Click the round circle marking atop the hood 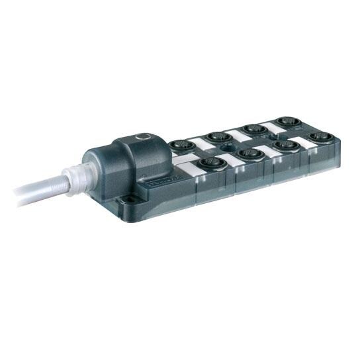coord(140,136)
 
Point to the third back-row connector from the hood coord(253,130)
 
